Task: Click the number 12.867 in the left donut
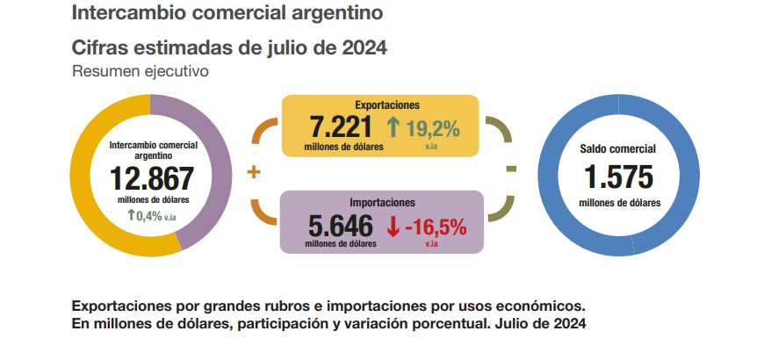point(151,178)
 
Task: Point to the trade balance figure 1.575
point(619,177)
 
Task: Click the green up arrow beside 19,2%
point(393,128)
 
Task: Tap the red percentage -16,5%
point(436,227)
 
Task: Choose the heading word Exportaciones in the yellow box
point(379,105)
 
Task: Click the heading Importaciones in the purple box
point(380,202)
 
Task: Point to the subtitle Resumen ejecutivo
point(141,71)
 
